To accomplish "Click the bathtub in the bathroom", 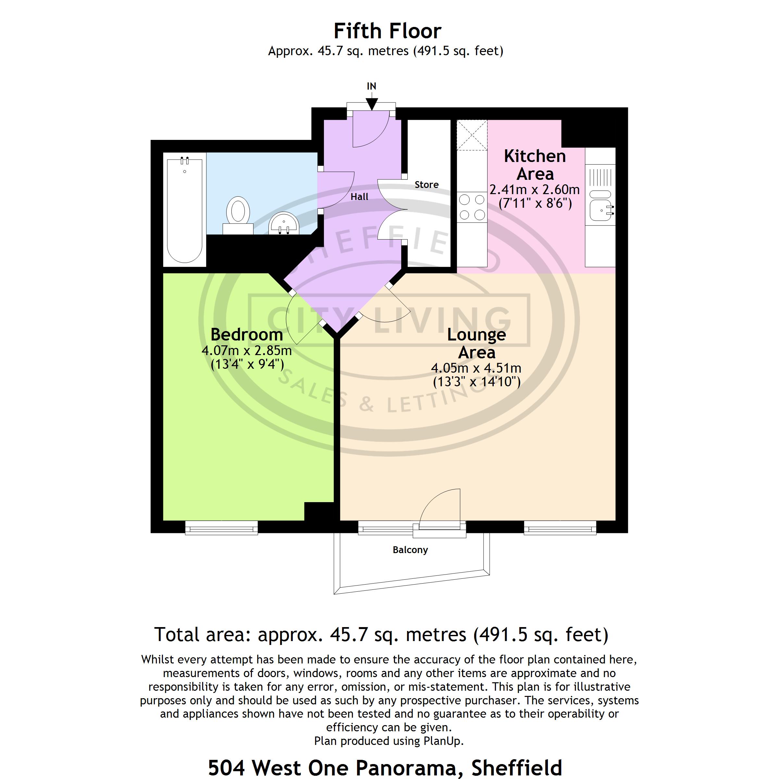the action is tap(185, 210).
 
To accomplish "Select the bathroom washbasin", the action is tap(284, 223).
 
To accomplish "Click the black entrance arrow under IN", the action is tap(371, 104).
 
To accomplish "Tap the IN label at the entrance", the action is tap(371, 86).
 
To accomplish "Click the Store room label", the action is tap(427, 185).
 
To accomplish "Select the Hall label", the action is tap(359, 197).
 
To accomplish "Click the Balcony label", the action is tap(410, 550).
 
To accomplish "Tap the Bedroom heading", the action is tap(247, 335).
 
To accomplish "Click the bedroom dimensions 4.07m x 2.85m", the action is tap(247, 351).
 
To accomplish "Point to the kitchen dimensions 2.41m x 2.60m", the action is tap(535, 190).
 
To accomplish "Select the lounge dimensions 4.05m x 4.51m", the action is tap(476, 368).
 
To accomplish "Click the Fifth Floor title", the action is tap(388, 31).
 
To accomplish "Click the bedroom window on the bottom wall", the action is tap(221, 527).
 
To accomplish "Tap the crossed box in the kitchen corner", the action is tap(472, 135).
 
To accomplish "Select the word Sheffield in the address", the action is tap(516, 767).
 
